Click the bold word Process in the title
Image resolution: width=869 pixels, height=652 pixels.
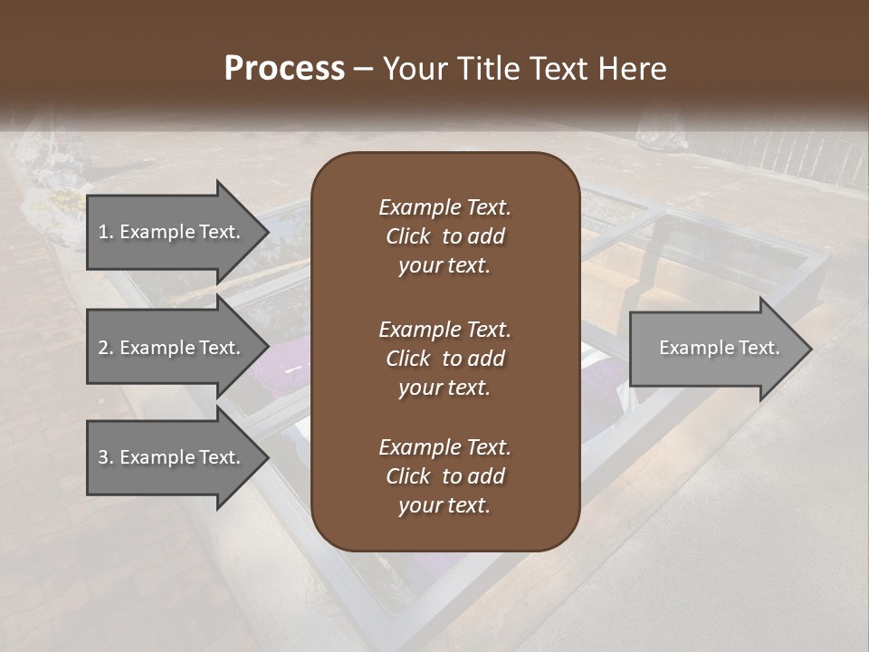tap(284, 69)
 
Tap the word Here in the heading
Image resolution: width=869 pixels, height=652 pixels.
tap(633, 69)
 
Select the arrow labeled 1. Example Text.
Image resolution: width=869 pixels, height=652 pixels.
tap(172, 232)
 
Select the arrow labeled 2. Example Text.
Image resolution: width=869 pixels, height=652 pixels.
tap(172, 348)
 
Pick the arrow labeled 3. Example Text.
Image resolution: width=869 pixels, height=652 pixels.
tap(172, 457)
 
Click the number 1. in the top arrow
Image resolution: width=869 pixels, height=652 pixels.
tap(106, 232)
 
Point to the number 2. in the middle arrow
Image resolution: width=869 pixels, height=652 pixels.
tap(106, 348)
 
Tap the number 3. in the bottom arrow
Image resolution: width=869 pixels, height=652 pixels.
tap(106, 457)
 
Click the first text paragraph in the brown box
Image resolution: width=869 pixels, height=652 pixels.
tap(444, 236)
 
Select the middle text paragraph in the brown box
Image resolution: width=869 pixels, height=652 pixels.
tap(444, 359)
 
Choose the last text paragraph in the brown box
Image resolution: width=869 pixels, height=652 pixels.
tap(444, 476)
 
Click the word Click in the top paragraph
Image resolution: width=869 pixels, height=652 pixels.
tap(407, 236)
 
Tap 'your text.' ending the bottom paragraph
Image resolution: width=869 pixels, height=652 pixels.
tap(444, 506)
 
